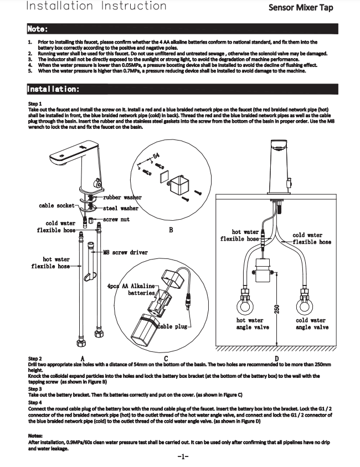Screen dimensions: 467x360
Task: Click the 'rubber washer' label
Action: tap(122, 198)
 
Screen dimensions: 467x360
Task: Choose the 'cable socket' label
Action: tap(56, 206)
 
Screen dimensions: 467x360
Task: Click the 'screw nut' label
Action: tap(117, 220)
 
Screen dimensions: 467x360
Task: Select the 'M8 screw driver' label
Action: tap(126, 253)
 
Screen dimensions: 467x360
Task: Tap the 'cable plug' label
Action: tap(174, 327)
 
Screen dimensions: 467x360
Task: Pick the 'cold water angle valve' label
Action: tap(311, 324)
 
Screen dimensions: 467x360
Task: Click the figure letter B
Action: tap(171, 230)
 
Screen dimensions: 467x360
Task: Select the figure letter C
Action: tap(166, 359)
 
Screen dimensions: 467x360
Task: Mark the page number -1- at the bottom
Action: tap(183, 457)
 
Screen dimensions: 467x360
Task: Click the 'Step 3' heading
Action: tap(34, 389)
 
